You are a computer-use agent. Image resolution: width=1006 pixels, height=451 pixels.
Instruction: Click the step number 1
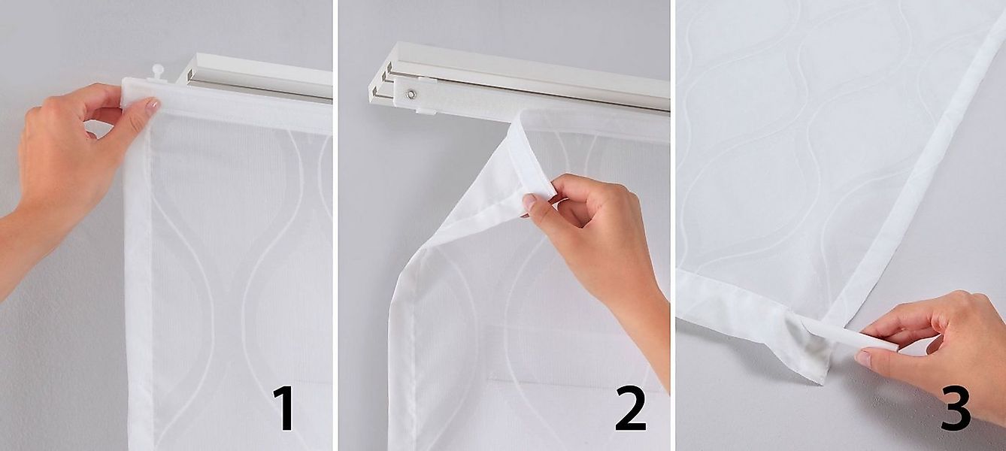(x=283, y=409)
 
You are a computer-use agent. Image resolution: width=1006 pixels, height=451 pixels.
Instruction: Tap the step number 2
(x=630, y=409)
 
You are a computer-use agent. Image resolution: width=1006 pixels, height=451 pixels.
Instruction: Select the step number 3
(x=955, y=408)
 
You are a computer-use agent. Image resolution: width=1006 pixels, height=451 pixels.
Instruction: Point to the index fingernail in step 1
(x=152, y=106)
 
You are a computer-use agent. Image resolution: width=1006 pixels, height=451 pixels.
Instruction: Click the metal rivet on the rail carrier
(x=411, y=95)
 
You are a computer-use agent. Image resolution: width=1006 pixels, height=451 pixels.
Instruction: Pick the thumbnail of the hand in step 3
(x=863, y=358)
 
